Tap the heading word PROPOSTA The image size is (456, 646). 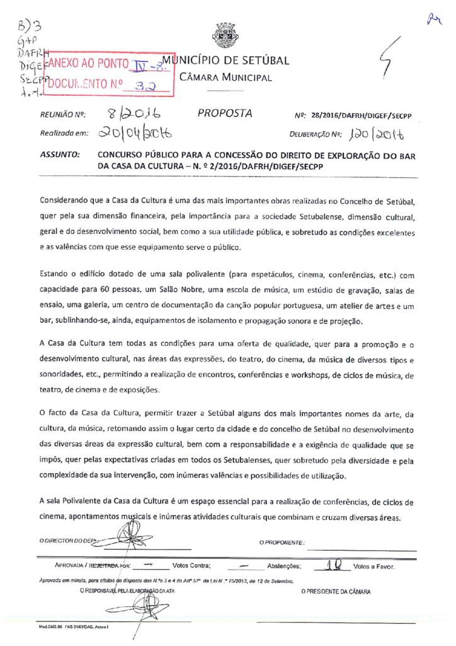point(225,114)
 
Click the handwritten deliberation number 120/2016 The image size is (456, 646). point(377,134)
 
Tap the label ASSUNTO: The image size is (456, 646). point(60,154)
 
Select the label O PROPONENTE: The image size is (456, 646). point(282,542)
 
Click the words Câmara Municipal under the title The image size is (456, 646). point(225,78)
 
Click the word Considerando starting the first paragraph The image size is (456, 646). point(66,201)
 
